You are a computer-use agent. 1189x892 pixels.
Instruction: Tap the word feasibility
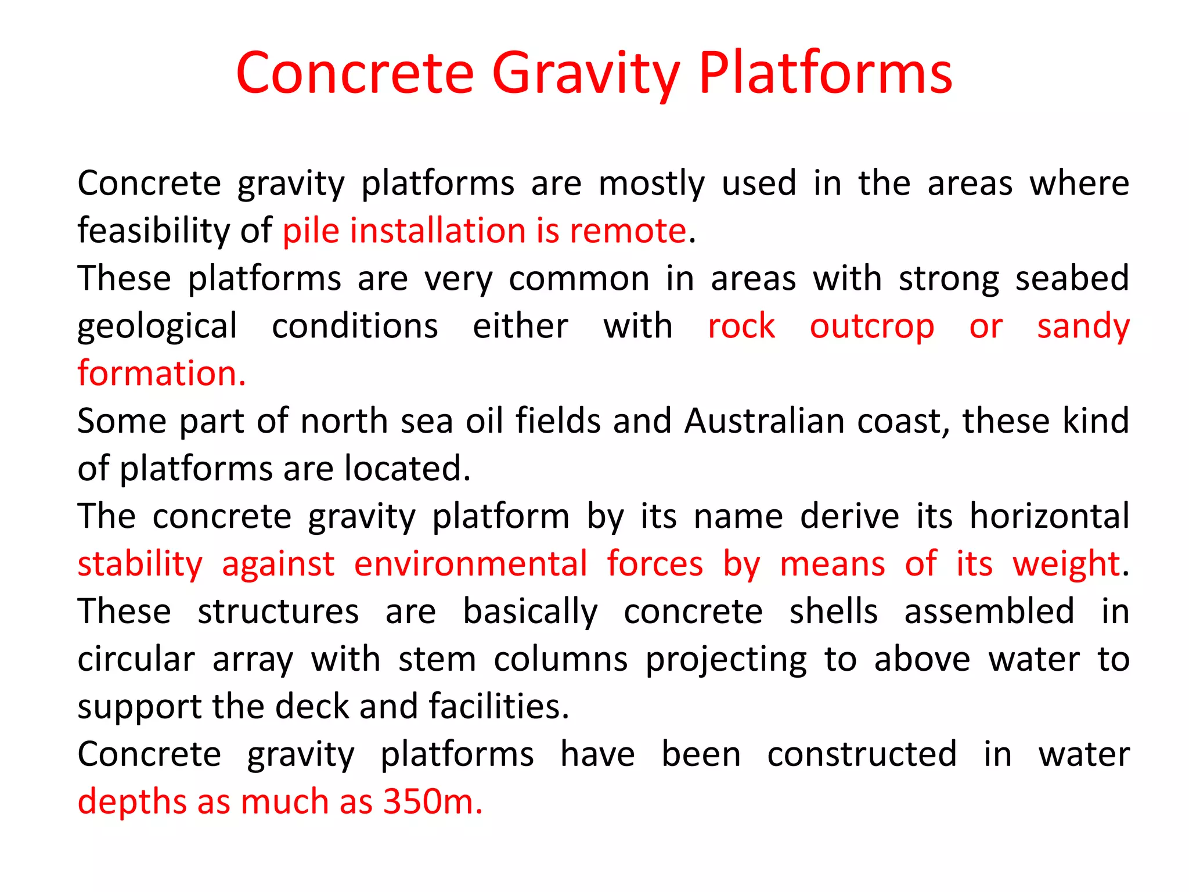(x=154, y=231)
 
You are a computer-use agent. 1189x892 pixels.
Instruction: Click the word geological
(x=157, y=326)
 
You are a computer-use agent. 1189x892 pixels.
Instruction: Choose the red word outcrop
(x=871, y=326)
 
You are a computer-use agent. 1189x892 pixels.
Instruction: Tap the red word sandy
(x=1083, y=326)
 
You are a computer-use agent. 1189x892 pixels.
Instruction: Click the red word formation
(x=161, y=373)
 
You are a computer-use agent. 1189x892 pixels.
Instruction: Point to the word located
(x=407, y=469)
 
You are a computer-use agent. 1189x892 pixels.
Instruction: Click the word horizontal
(x=1049, y=516)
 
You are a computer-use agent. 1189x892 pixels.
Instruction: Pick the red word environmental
(x=471, y=564)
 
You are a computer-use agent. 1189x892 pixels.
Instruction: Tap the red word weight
(x=1066, y=564)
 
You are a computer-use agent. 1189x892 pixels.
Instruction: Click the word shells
(x=833, y=612)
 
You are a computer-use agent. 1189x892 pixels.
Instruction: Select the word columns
(x=560, y=659)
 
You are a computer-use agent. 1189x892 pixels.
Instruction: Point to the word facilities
(x=498, y=707)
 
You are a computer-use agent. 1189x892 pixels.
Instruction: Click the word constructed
(x=862, y=754)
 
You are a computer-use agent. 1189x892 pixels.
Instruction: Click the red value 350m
(x=433, y=802)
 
